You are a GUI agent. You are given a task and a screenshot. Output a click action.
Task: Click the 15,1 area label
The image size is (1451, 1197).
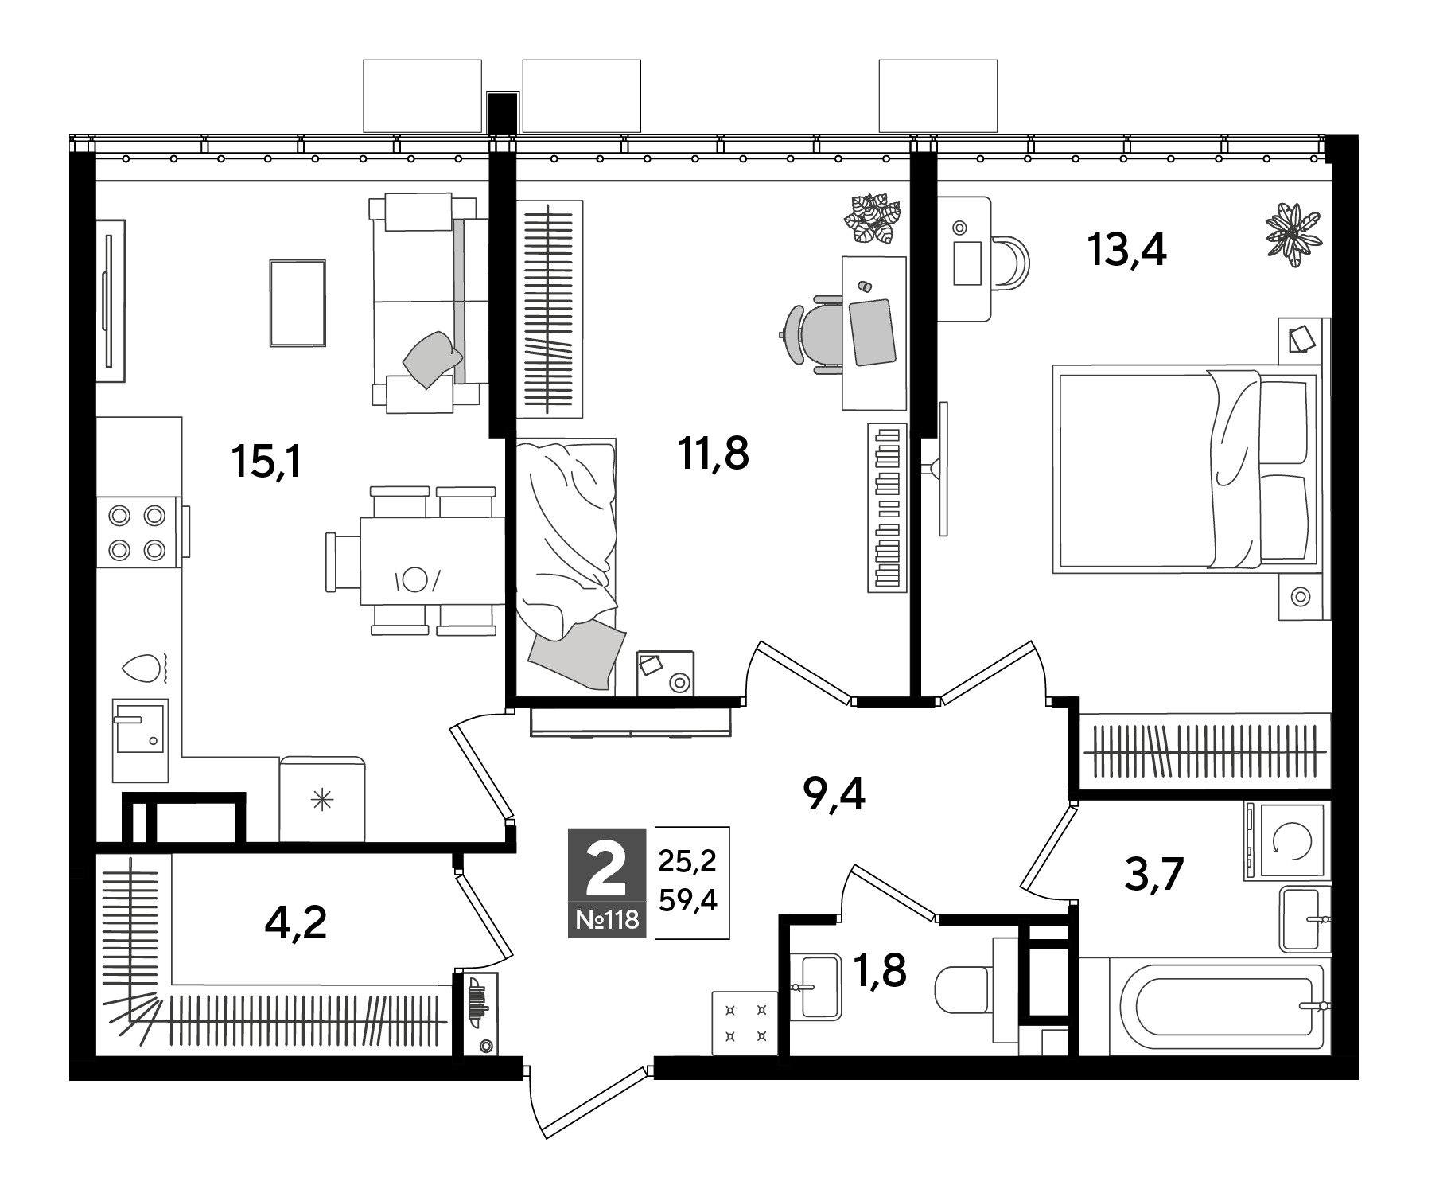(x=266, y=461)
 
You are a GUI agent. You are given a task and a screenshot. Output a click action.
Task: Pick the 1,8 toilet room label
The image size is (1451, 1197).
(x=880, y=970)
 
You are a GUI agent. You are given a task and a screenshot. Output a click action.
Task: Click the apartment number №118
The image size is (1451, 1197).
(x=607, y=920)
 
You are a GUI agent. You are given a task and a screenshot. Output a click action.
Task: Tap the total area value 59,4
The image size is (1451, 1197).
(x=688, y=900)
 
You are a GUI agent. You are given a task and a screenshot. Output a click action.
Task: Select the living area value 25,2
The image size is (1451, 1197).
(x=688, y=860)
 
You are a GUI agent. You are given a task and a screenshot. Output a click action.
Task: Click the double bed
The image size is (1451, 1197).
(x=1185, y=470)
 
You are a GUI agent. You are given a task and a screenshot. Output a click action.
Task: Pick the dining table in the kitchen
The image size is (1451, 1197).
(x=433, y=560)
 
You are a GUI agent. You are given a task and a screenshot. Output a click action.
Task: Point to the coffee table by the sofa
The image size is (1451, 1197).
(x=298, y=302)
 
